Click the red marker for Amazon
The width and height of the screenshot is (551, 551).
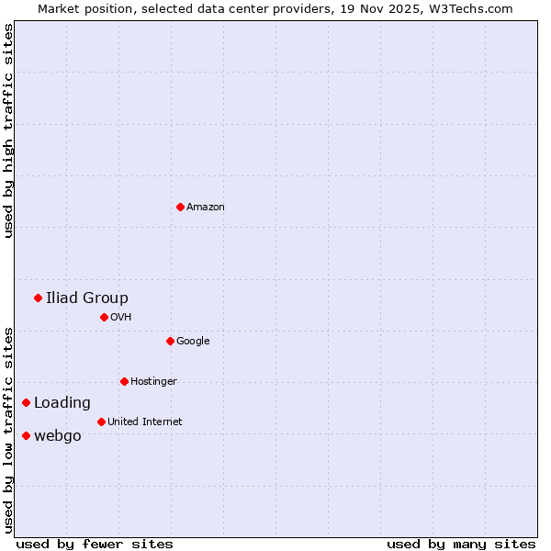coord(180,207)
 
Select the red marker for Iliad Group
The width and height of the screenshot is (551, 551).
coord(38,298)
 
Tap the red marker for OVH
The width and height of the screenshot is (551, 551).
coord(104,317)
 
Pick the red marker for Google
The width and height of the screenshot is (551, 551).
coord(170,341)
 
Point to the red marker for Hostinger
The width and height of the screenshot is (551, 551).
coord(124,381)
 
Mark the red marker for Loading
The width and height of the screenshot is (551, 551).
coord(26,402)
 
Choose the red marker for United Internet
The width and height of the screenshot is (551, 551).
coord(101,422)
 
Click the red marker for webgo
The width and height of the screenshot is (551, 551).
coord(26,435)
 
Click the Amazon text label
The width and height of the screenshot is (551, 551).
coord(206,208)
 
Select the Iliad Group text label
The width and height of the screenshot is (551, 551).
coord(87,298)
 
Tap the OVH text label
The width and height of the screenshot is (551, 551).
coord(121,318)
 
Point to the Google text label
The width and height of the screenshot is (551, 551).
coord(193,342)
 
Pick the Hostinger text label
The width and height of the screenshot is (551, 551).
coord(153,382)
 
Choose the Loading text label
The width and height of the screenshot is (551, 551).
coord(62,402)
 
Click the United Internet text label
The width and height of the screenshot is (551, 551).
coord(144,422)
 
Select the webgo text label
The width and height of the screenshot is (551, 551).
coord(58,435)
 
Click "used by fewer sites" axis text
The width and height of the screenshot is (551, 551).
coord(95,544)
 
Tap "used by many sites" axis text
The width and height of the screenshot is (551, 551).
coord(461,544)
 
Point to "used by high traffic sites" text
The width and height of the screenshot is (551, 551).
coord(9,130)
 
